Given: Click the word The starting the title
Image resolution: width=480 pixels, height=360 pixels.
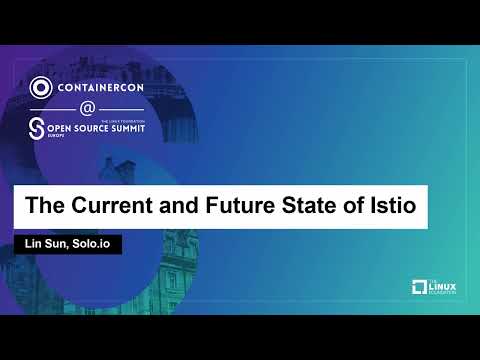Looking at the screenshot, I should coord(44,209).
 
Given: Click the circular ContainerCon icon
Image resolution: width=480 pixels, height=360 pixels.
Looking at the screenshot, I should coord(42,87).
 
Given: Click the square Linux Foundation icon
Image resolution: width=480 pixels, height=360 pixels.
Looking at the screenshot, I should coord(419,288).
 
